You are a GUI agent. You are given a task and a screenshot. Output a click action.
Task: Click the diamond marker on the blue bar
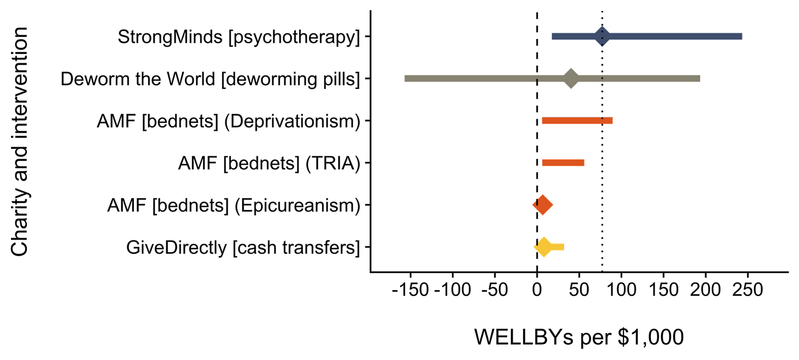[602, 37]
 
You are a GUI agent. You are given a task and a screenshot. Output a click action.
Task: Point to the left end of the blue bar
[552, 37]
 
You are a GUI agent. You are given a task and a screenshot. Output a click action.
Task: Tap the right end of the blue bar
[742, 37]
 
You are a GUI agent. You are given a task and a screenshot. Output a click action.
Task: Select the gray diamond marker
[571, 78]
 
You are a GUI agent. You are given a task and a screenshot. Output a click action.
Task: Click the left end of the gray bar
[406, 78]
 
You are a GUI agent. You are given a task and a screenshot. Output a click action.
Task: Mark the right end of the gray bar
[700, 78]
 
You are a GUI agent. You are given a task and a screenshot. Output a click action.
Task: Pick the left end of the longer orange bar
[542, 121]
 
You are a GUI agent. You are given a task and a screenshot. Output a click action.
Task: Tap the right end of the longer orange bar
[612, 121]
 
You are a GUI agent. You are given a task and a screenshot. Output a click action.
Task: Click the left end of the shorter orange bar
[543, 162]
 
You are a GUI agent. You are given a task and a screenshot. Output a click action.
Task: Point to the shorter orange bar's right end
[585, 162]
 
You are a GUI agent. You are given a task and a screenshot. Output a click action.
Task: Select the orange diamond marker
[543, 205]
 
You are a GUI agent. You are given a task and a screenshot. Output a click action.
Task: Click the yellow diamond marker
[543, 247]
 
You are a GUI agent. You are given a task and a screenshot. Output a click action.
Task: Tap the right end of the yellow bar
[564, 247]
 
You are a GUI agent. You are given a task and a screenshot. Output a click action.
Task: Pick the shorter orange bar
[564, 162]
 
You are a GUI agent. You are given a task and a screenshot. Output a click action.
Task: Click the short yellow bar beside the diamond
[558, 247]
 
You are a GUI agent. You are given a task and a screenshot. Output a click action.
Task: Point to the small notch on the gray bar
[537, 81]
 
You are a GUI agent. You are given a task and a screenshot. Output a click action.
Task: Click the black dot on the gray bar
[602, 79]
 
